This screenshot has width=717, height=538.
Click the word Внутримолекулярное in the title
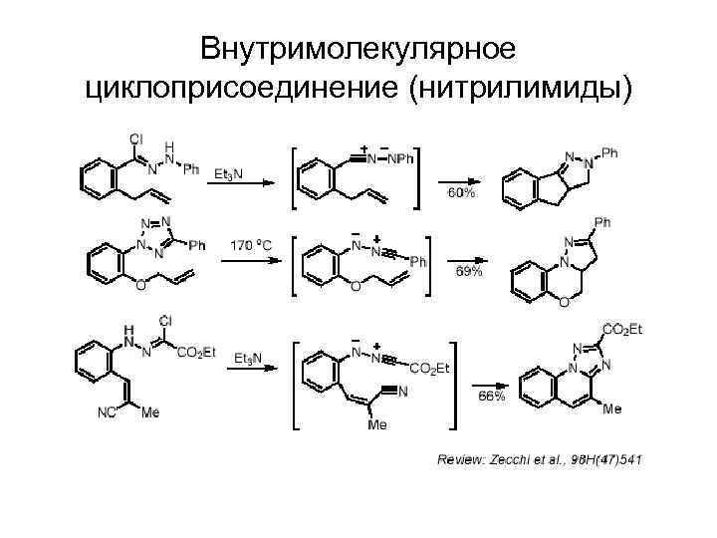(x=358, y=48)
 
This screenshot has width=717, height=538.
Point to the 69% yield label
(x=469, y=271)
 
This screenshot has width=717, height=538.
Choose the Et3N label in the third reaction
(x=249, y=357)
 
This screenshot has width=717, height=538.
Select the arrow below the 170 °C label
(x=255, y=261)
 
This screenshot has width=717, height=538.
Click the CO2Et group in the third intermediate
(x=430, y=369)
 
